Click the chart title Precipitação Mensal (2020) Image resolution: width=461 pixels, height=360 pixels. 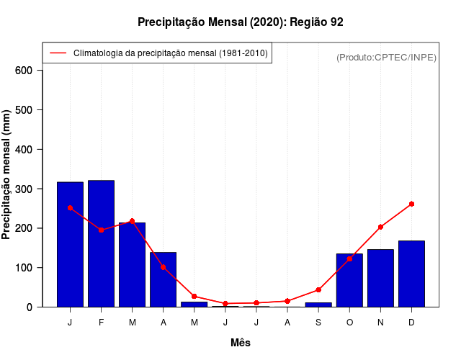click(240, 22)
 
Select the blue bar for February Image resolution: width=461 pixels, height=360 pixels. click(101, 243)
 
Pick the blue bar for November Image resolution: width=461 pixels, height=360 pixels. click(380, 278)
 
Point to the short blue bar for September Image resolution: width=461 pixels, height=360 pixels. click(318, 305)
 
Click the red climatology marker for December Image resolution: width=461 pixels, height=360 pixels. click(411, 204)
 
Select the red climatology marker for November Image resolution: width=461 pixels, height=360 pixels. click(380, 227)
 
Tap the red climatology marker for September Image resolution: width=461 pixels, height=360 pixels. click(318, 290)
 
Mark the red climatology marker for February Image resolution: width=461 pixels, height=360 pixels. click(101, 230)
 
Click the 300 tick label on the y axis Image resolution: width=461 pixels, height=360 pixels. click(24, 189)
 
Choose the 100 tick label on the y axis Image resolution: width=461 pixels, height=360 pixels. click(24, 268)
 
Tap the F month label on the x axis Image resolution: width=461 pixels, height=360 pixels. click(101, 323)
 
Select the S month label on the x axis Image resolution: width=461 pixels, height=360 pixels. click(318, 323)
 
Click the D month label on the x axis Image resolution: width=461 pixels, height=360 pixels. click(411, 323)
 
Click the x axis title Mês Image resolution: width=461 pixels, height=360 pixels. click(241, 343)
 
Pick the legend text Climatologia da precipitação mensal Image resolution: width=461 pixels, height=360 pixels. click(171, 53)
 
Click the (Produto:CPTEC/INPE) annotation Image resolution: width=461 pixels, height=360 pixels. click(386, 57)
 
